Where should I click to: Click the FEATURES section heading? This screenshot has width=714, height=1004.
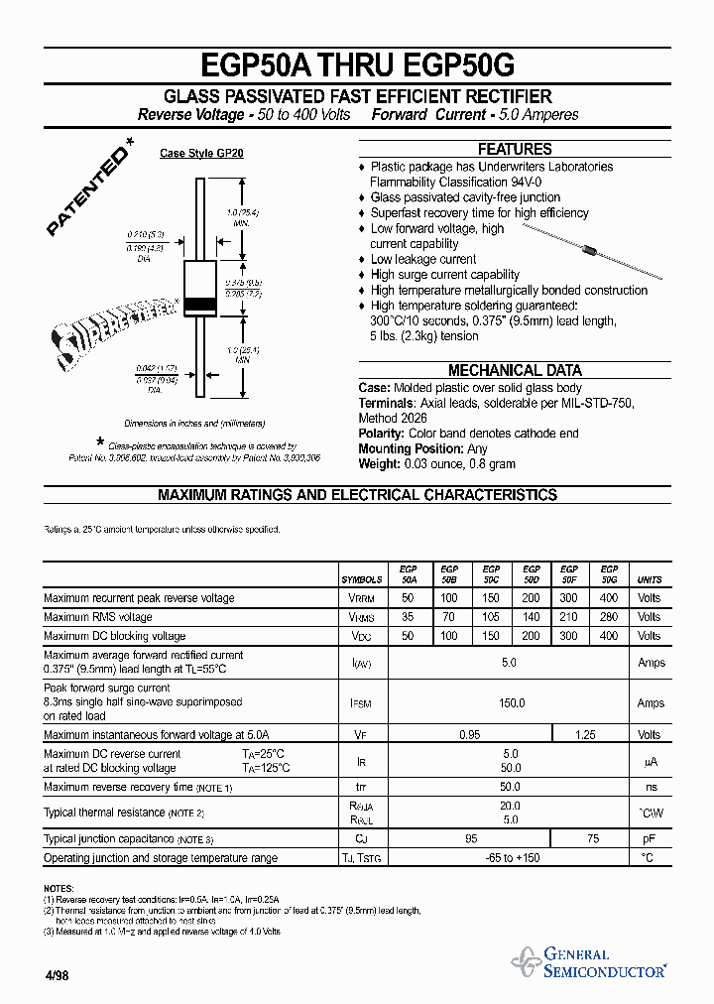pos(515,149)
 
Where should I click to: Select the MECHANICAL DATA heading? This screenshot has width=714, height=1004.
pos(515,370)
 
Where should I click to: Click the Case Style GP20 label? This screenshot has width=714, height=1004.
pos(201,154)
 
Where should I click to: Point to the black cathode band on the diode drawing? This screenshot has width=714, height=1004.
pos(202,304)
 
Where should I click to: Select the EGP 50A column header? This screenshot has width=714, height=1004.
pos(408,574)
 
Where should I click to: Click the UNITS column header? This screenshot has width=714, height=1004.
pos(650,579)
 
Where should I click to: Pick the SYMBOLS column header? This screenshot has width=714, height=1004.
pos(362,579)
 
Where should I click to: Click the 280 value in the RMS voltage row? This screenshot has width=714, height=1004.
pos(609,617)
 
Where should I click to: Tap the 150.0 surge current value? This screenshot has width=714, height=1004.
pos(511,702)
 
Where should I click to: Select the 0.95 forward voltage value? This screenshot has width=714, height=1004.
pos(470,735)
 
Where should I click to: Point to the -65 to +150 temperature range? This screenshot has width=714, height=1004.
pos(511,857)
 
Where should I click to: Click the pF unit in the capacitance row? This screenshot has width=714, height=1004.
pos(650,839)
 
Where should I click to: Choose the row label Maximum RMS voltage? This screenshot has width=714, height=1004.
pos(98,617)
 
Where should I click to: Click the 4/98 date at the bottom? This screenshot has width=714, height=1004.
pos(56,975)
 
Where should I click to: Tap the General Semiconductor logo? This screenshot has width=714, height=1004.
pos(589,962)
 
